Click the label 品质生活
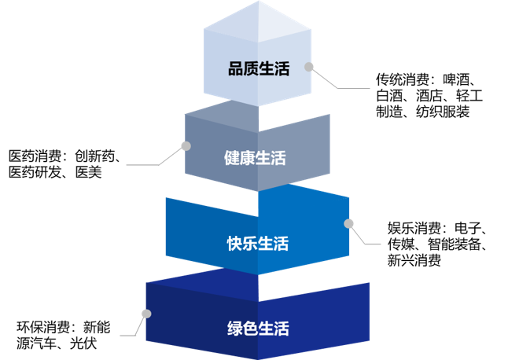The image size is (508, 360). (259, 69)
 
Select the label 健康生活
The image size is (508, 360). (255, 158)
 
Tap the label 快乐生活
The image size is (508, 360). (257, 243)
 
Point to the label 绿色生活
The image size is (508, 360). (257, 328)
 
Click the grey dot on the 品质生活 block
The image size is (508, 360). (309, 68)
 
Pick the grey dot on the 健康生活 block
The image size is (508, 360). (186, 145)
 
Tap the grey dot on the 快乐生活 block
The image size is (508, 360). (349, 223)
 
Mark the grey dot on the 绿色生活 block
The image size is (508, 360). (145, 314)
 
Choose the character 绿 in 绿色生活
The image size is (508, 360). (234, 328)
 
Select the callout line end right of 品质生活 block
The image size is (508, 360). (369, 89)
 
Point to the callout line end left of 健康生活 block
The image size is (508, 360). (127, 165)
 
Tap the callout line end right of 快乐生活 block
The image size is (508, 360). (380, 244)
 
